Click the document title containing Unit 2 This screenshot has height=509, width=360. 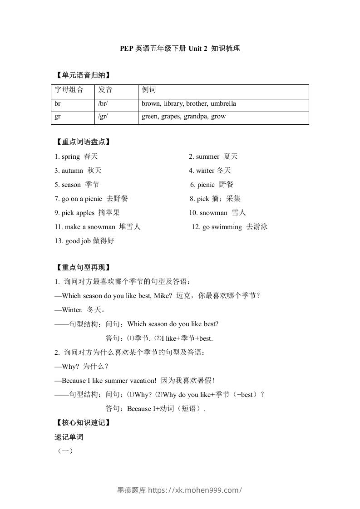click(180, 49)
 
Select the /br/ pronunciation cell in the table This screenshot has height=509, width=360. click(103, 104)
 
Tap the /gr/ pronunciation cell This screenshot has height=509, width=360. click(103, 117)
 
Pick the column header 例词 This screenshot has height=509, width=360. click(148, 90)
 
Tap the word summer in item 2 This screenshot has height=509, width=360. click(207, 157)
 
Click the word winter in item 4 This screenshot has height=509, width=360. click(205, 171)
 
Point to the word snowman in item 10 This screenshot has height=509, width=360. click(213, 213)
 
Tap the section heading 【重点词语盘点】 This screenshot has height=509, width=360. click(82, 142)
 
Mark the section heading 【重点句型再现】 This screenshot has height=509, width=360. click(82, 268)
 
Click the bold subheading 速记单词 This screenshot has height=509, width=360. click(69, 437)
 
